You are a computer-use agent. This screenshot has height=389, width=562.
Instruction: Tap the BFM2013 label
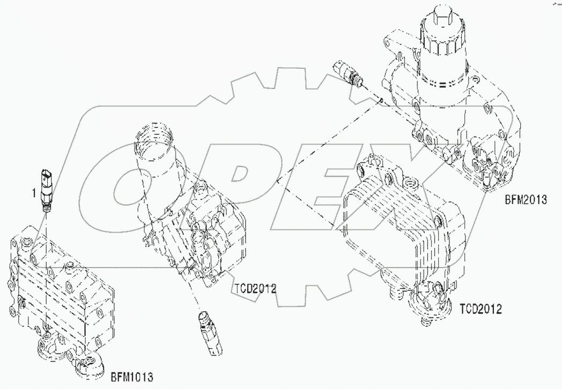point(525,200)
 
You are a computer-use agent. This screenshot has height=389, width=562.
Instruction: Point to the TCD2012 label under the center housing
point(254,289)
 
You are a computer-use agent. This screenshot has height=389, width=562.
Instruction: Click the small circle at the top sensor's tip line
point(380,99)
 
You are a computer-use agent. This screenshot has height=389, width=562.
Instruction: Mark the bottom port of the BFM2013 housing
point(485,185)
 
